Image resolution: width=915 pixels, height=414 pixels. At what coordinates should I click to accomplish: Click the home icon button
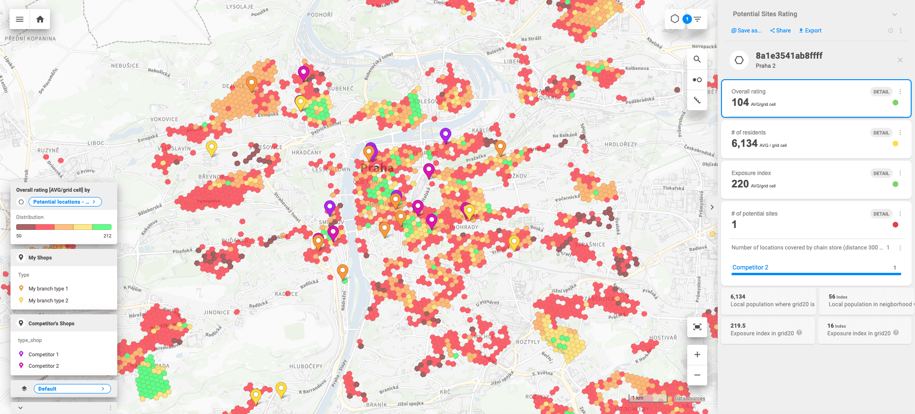pos(40,20)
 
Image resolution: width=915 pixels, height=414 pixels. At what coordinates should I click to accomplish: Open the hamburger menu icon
pos(20,20)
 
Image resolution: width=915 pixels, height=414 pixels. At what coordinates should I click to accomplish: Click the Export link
pos(810,31)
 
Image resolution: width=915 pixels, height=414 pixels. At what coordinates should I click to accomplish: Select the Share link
pos(780,31)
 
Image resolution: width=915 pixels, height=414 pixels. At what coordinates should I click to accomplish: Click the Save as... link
pos(747,31)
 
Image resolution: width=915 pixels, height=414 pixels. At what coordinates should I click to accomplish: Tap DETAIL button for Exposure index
pos(881,174)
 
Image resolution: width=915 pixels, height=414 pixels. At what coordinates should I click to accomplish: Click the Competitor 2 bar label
pos(750,268)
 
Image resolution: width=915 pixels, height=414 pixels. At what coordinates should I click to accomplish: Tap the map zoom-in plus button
pos(697,354)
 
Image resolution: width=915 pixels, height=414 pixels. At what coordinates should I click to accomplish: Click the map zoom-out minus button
pos(697,375)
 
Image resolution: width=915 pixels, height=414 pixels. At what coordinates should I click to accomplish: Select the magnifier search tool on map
pos(697,60)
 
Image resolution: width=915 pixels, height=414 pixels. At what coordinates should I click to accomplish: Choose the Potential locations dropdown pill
pos(65,202)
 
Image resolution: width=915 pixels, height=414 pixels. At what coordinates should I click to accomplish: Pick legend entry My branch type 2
pos(48,300)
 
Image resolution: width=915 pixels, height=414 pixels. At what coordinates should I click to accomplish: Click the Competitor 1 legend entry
pos(43,354)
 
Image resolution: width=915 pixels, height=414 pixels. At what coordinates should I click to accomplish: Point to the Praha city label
pos(377,168)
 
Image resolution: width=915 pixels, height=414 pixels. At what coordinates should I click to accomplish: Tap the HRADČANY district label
pos(306,153)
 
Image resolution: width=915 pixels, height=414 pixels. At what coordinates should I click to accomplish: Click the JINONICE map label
pos(217,313)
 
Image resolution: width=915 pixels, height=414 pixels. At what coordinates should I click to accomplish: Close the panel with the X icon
pos(900,60)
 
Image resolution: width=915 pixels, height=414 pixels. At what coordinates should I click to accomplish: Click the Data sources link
pos(689,398)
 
